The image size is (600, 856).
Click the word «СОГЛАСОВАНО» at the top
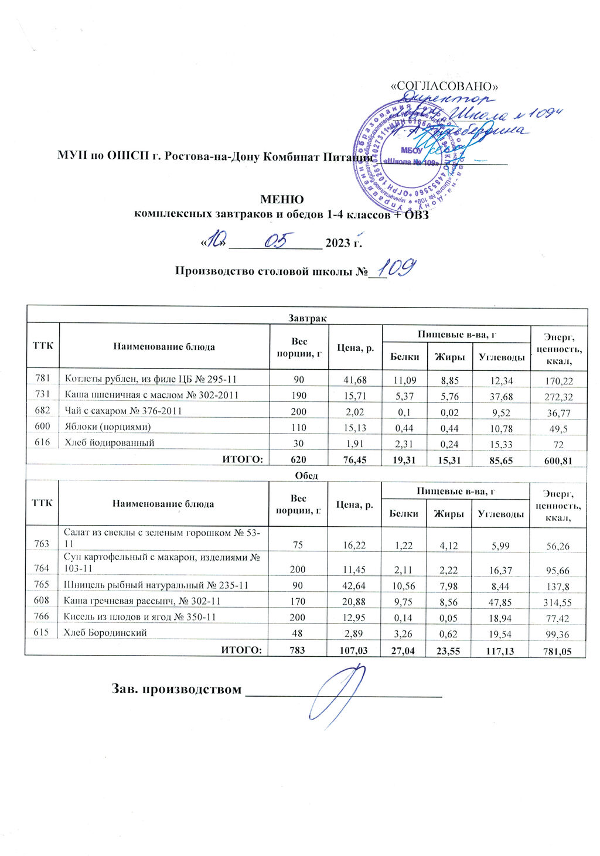coord(444,86)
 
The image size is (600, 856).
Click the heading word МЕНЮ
coord(282,199)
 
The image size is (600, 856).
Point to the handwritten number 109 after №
coord(396,268)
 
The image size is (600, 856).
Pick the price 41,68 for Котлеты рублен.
coord(355,380)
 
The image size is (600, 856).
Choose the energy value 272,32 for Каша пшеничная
coord(558,396)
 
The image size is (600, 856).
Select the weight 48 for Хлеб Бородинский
coord(298,634)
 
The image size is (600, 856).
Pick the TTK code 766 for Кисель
coord(42,618)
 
